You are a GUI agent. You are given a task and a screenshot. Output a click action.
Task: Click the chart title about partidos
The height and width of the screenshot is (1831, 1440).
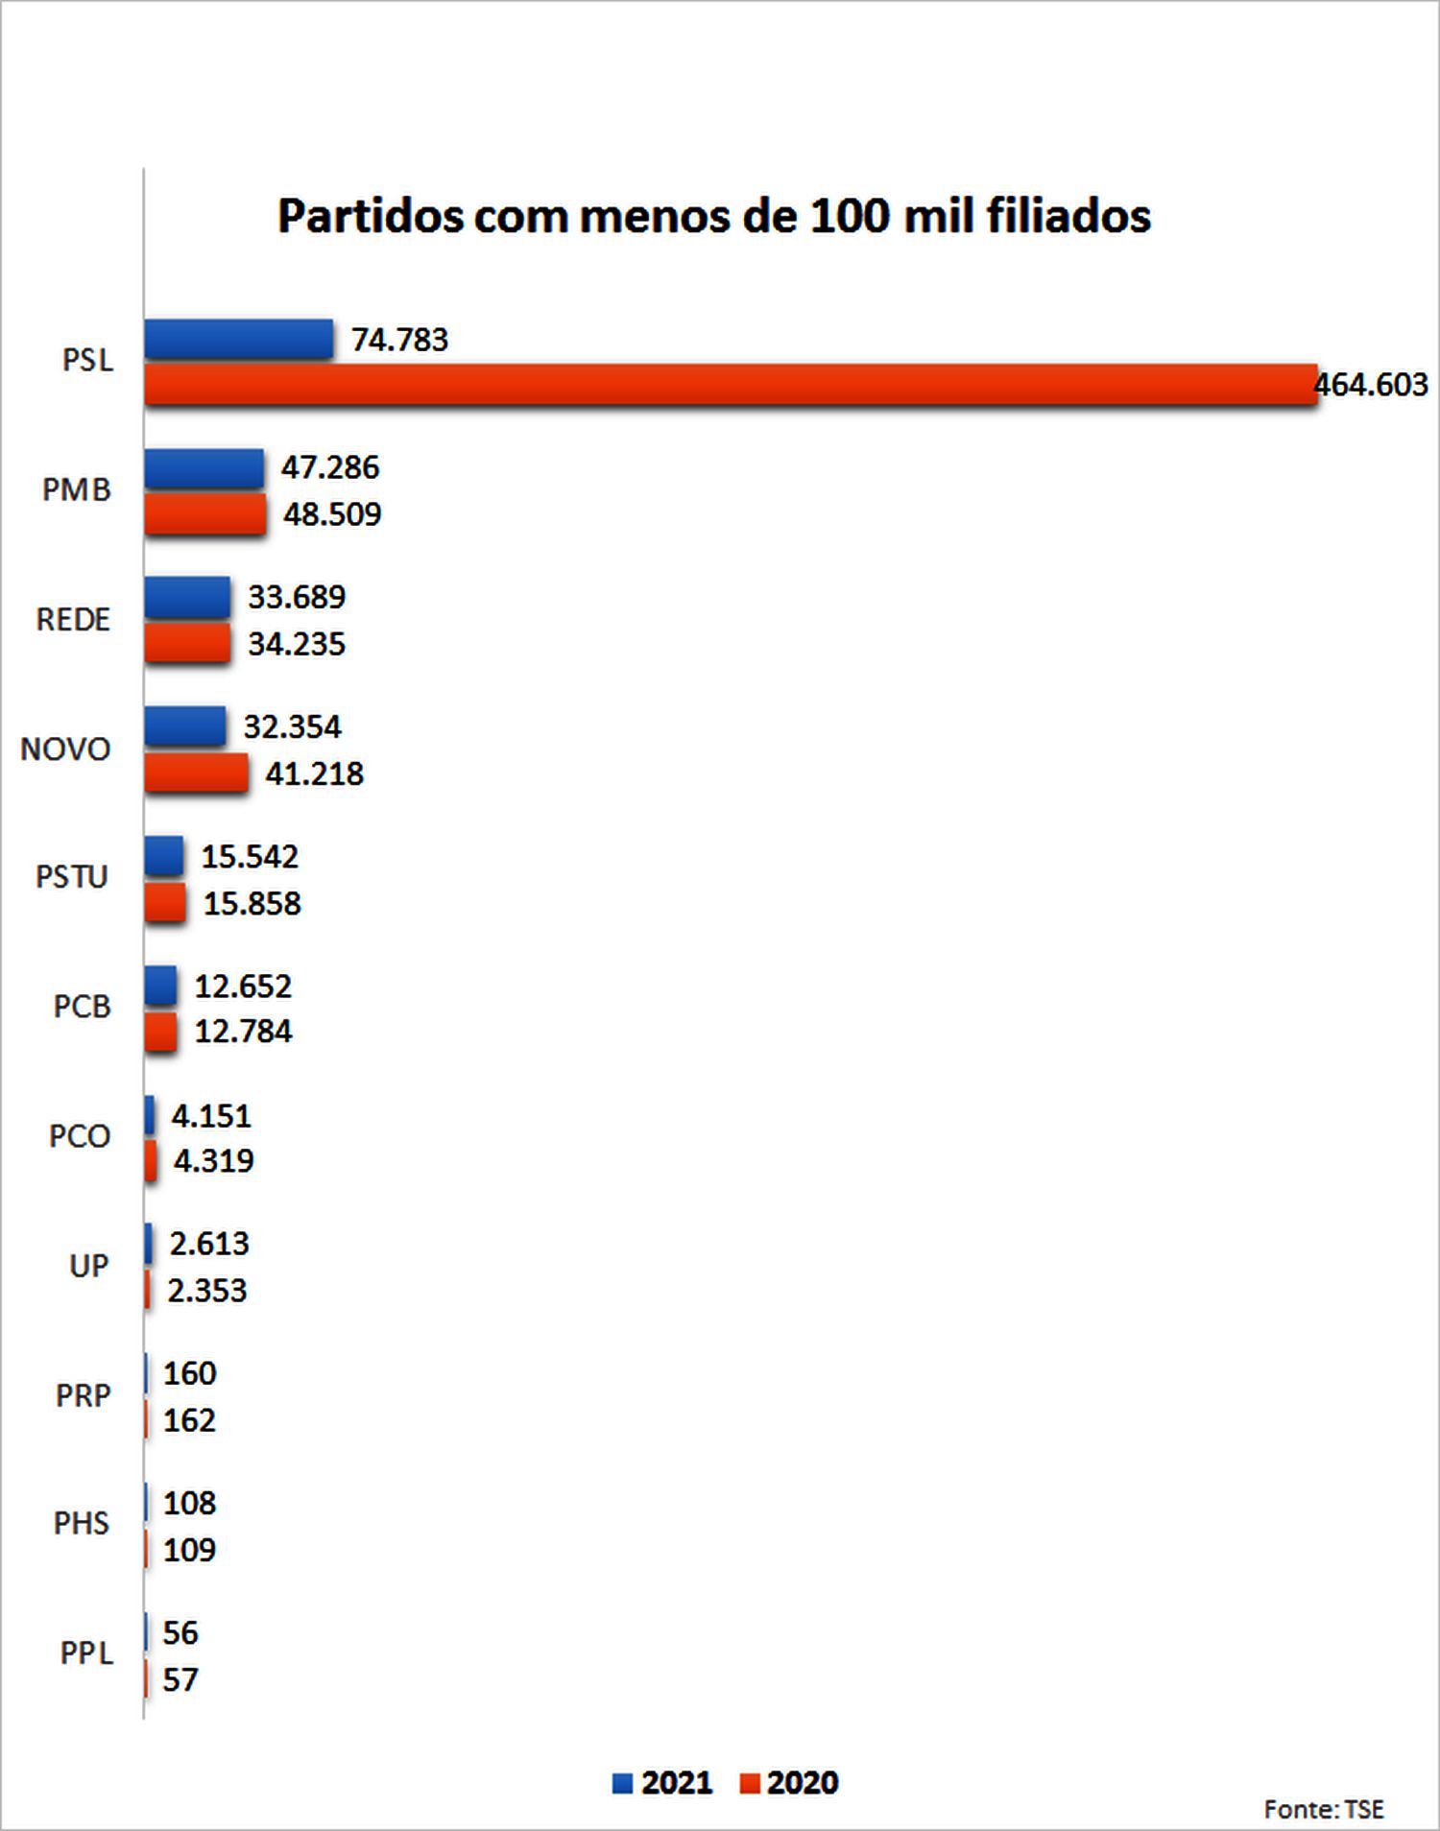pyautogui.click(x=714, y=216)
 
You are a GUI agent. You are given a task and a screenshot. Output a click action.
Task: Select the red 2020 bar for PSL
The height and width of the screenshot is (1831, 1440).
pyautogui.click(x=730, y=385)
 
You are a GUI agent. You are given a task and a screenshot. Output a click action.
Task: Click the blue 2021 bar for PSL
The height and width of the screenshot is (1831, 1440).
pyautogui.click(x=238, y=340)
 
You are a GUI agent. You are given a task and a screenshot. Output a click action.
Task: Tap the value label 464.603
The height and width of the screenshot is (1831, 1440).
pyautogui.click(x=1371, y=385)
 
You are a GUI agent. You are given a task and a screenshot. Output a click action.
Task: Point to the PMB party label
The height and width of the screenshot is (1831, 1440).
pyautogui.click(x=77, y=490)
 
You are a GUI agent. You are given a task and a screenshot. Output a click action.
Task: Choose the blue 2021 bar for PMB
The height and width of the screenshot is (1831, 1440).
pyautogui.click(x=204, y=468)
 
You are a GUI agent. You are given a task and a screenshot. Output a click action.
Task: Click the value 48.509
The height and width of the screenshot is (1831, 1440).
pyautogui.click(x=332, y=514)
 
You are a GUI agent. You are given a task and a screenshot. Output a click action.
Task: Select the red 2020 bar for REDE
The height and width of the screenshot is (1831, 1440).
pyautogui.click(x=187, y=643)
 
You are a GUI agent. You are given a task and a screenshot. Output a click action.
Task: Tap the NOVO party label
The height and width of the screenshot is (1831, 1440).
pyautogui.click(x=65, y=749)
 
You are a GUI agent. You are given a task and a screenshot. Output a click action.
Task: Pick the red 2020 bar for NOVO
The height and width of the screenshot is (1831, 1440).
pyautogui.click(x=196, y=773)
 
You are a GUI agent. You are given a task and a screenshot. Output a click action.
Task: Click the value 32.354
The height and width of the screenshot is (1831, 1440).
pyautogui.click(x=292, y=727)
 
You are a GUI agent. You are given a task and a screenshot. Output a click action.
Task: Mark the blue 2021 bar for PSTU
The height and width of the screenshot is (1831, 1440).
pyautogui.click(x=163, y=856)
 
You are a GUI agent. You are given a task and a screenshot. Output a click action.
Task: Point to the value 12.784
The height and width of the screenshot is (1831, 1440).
pyautogui.click(x=243, y=1032)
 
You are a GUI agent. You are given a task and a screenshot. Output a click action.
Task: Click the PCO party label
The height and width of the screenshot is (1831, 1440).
pyautogui.click(x=80, y=1137)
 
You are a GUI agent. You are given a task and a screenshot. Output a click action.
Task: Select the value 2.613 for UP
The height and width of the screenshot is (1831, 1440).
pyautogui.click(x=209, y=1245)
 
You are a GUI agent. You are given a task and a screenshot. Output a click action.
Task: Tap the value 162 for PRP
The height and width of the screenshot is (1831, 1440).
pyautogui.click(x=189, y=1420)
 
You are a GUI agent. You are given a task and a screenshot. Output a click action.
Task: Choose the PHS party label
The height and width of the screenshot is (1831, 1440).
pyautogui.click(x=82, y=1524)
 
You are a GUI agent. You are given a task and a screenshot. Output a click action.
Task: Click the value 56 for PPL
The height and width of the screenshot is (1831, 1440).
pyautogui.click(x=180, y=1633)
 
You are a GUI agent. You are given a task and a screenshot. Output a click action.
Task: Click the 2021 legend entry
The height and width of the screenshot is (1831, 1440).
pyautogui.click(x=662, y=1783)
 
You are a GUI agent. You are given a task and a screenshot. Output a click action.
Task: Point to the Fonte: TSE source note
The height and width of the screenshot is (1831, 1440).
pyautogui.click(x=1324, y=1810)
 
